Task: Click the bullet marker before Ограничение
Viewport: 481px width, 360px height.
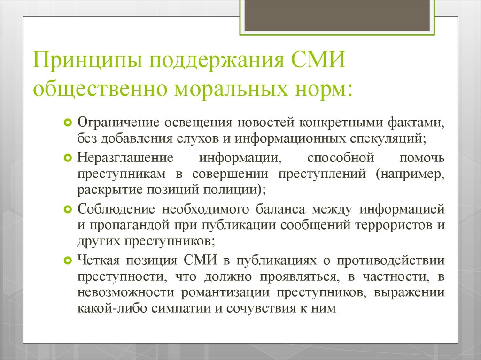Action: pyautogui.click(x=68, y=123)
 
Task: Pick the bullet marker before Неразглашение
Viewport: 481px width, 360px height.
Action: pyautogui.click(x=68, y=157)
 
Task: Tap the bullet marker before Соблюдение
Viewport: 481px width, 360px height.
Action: pyautogui.click(x=68, y=208)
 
